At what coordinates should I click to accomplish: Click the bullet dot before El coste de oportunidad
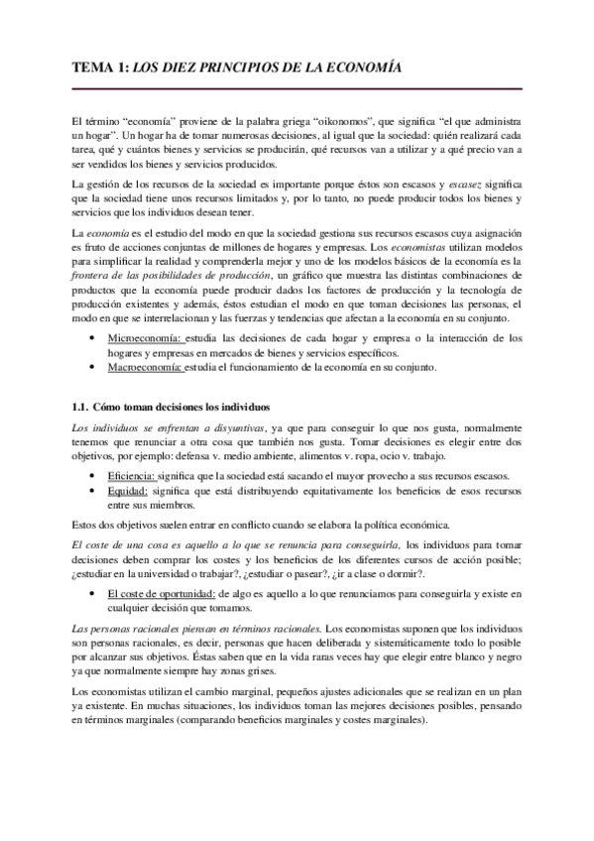92,593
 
